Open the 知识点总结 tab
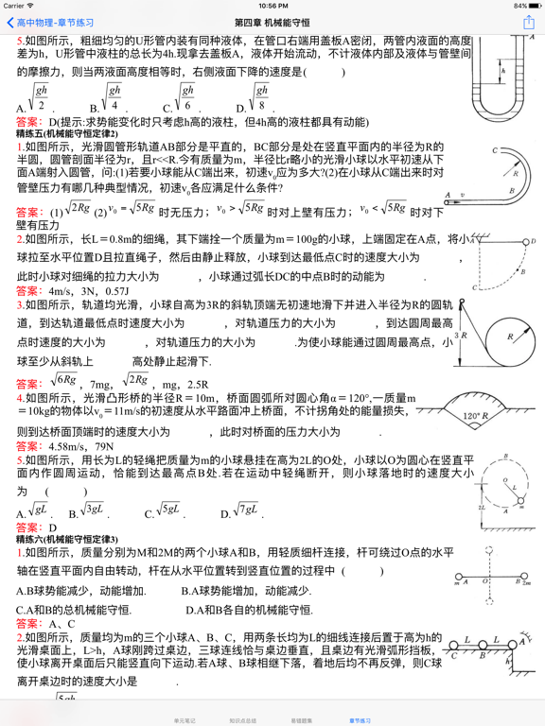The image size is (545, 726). click(x=244, y=719)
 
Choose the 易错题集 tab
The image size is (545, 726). click(x=303, y=719)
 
